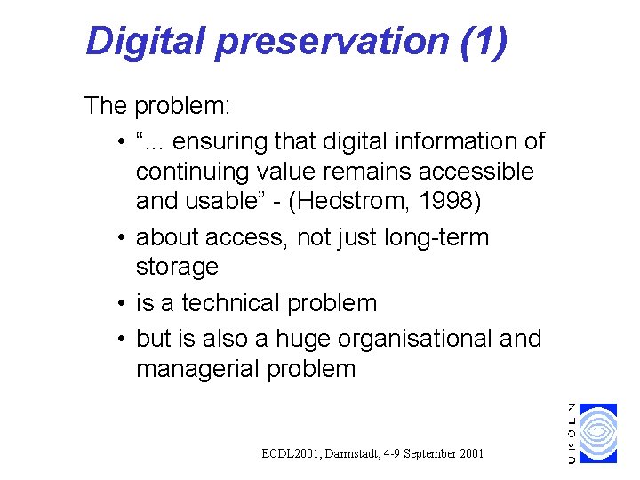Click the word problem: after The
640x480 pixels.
tap(183, 107)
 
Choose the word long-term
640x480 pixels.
tap(444, 237)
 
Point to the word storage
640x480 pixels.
tap(177, 267)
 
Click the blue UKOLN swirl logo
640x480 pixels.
tap(597, 433)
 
